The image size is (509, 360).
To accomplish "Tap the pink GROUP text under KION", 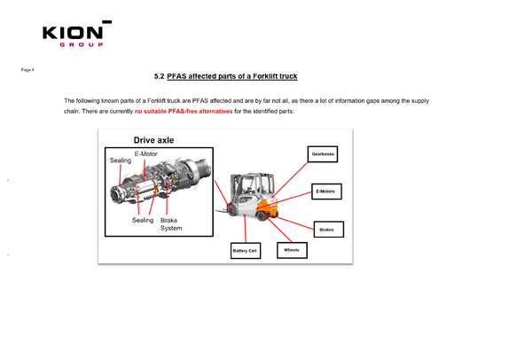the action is click(82, 44).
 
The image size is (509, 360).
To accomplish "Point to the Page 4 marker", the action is click(27, 70).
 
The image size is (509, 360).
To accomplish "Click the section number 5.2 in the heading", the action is click(159, 76).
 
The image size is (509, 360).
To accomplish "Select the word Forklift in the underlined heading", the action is click(265, 76).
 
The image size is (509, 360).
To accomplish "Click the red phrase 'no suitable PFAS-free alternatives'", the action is click(184, 112).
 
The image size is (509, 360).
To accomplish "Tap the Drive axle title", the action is click(154, 140).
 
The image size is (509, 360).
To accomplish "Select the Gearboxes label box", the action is click(323, 154).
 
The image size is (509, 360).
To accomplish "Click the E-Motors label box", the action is click(326, 192).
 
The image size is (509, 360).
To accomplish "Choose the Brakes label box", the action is click(329, 230).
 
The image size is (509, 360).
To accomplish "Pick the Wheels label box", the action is click(292, 250).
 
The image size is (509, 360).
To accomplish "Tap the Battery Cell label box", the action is click(246, 251).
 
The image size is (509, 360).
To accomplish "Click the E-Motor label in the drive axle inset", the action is click(146, 154).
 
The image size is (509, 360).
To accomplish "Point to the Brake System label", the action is click(171, 224).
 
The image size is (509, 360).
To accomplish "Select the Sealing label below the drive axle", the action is click(143, 220).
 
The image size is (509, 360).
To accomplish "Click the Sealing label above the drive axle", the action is click(121, 160).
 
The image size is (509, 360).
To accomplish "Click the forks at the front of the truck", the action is click(223, 211).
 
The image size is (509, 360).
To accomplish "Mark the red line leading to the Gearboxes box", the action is click(290, 179).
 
